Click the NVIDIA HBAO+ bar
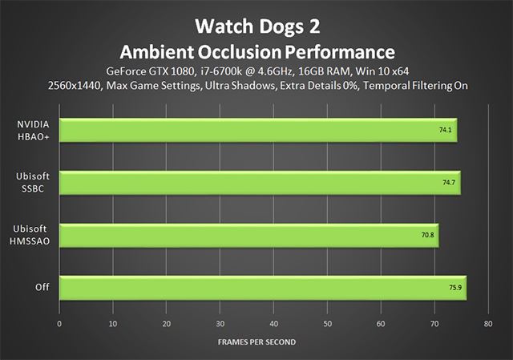258,130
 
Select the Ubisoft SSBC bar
260,183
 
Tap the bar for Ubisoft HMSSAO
249,236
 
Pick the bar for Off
263,288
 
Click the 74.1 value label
446,130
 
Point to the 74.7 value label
449,182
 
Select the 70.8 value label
427,235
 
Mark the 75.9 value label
455,287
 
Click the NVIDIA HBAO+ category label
33,131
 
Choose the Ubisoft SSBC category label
33,182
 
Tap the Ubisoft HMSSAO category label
30,235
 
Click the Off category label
42,287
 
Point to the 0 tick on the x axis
59,324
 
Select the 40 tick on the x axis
274,324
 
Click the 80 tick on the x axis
488,324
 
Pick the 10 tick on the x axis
113,324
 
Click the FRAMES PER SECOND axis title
256,342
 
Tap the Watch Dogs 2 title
257,26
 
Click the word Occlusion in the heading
239,52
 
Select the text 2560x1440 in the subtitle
75,86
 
